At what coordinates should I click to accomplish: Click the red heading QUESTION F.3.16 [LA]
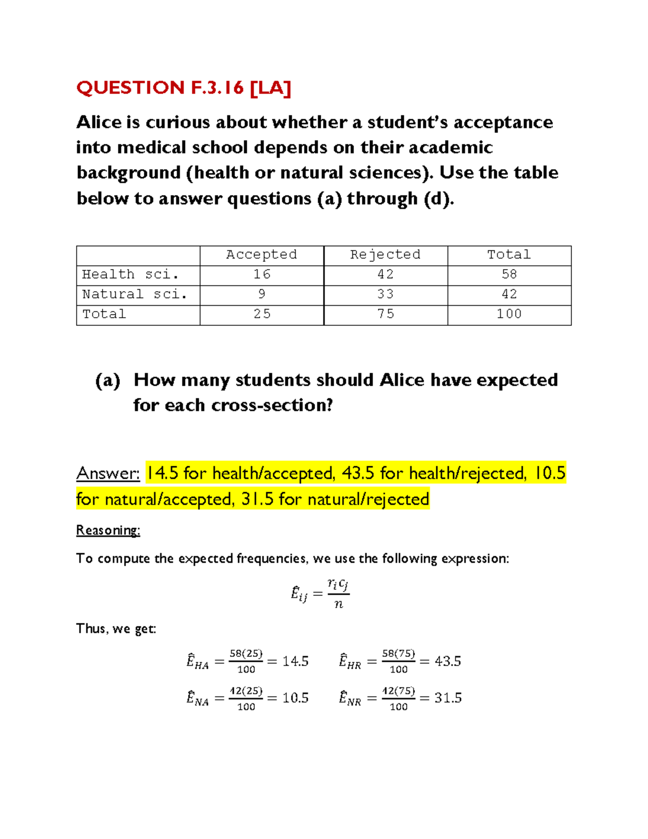pyautogui.click(x=184, y=88)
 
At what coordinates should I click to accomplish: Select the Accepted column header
pyautogui.click(x=261, y=254)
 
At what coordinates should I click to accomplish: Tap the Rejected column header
pyautogui.click(x=385, y=254)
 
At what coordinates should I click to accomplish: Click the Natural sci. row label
pyautogui.click(x=134, y=294)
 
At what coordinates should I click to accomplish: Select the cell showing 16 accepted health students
pyautogui.click(x=262, y=274)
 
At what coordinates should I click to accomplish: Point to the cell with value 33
pyautogui.click(x=385, y=294)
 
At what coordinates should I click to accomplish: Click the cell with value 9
pyautogui.click(x=262, y=294)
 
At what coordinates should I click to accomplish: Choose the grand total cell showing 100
pyautogui.click(x=509, y=314)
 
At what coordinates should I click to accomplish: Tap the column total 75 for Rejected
pyautogui.click(x=385, y=314)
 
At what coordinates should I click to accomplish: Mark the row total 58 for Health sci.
pyautogui.click(x=509, y=274)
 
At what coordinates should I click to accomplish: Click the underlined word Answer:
pyautogui.click(x=108, y=473)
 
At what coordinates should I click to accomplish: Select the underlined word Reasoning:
pyautogui.click(x=108, y=531)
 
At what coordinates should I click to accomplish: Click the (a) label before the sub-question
pyautogui.click(x=107, y=380)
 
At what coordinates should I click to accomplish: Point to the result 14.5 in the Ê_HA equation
pyautogui.click(x=295, y=661)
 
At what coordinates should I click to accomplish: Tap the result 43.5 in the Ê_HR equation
pyautogui.click(x=448, y=661)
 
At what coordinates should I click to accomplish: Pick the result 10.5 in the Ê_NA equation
pyautogui.click(x=295, y=698)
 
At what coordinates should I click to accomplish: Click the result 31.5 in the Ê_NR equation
pyautogui.click(x=448, y=698)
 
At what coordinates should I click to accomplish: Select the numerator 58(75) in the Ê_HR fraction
pyautogui.click(x=399, y=654)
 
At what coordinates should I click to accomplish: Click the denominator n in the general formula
pyautogui.click(x=339, y=605)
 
